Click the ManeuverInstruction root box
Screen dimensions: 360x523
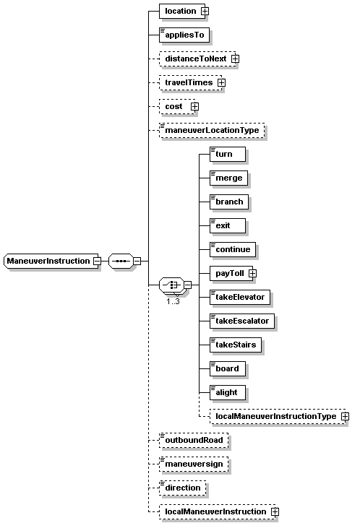[x=52, y=261]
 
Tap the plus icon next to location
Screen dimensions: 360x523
[x=205, y=11]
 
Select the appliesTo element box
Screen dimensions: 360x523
[x=184, y=35]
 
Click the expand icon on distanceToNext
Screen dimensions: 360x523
[x=235, y=59]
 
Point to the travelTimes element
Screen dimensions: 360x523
[x=192, y=83]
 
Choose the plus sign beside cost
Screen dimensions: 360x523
[x=195, y=106]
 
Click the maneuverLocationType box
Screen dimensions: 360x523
[x=212, y=131]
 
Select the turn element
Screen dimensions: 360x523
[x=228, y=154]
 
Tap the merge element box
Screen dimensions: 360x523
[x=229, y=178]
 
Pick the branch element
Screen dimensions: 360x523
[x=229, y=202]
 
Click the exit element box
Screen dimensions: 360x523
[x=228, y=226]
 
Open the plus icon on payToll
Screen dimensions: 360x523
[x=252, y=273]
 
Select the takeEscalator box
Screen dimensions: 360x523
[x=242, y=321]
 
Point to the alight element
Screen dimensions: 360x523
[x=228, y=392]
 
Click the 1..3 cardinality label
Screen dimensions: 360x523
[x=173, y=301]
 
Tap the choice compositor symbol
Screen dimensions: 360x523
[x=172, y=285]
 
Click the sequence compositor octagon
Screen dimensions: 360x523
[x=121, y=261]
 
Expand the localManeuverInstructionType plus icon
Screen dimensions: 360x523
[x=345, y=416]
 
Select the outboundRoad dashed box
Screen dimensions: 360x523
[x=194, y=440]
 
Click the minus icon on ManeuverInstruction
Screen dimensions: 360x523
[x=97, y=261]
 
